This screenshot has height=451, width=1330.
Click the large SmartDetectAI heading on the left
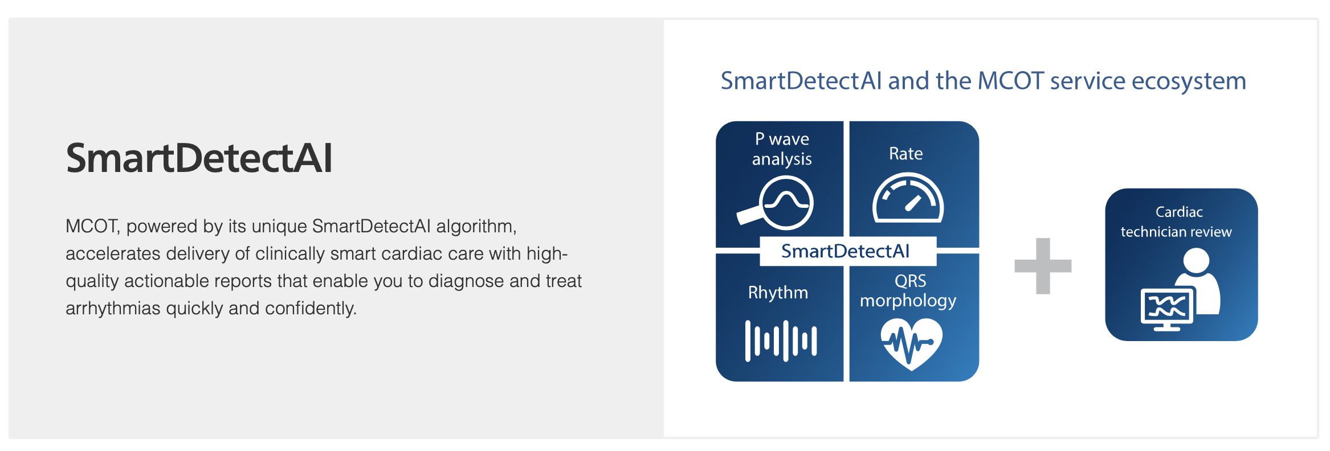(199, 158)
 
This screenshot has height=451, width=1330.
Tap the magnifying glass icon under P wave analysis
(776, 202)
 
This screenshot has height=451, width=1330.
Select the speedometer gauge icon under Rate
(908, 198)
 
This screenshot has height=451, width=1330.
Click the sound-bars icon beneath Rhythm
(781, 341)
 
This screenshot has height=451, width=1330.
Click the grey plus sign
(1043, 266)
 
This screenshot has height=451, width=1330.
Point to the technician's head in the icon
(1196, 261)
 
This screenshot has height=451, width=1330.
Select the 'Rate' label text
(905, 154)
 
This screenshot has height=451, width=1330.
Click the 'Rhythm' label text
(778, 293)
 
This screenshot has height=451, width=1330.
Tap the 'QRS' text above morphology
(910, 281)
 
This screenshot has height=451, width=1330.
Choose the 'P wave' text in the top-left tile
(782, 139)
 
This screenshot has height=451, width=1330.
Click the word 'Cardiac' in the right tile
(1179, 212)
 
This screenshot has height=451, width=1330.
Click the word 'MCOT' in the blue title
(1011, 80)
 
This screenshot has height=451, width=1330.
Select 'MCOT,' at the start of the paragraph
(92, 227)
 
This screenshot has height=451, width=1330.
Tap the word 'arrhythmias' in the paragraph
(113, 309)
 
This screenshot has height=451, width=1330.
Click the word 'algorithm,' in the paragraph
(476, 227)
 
